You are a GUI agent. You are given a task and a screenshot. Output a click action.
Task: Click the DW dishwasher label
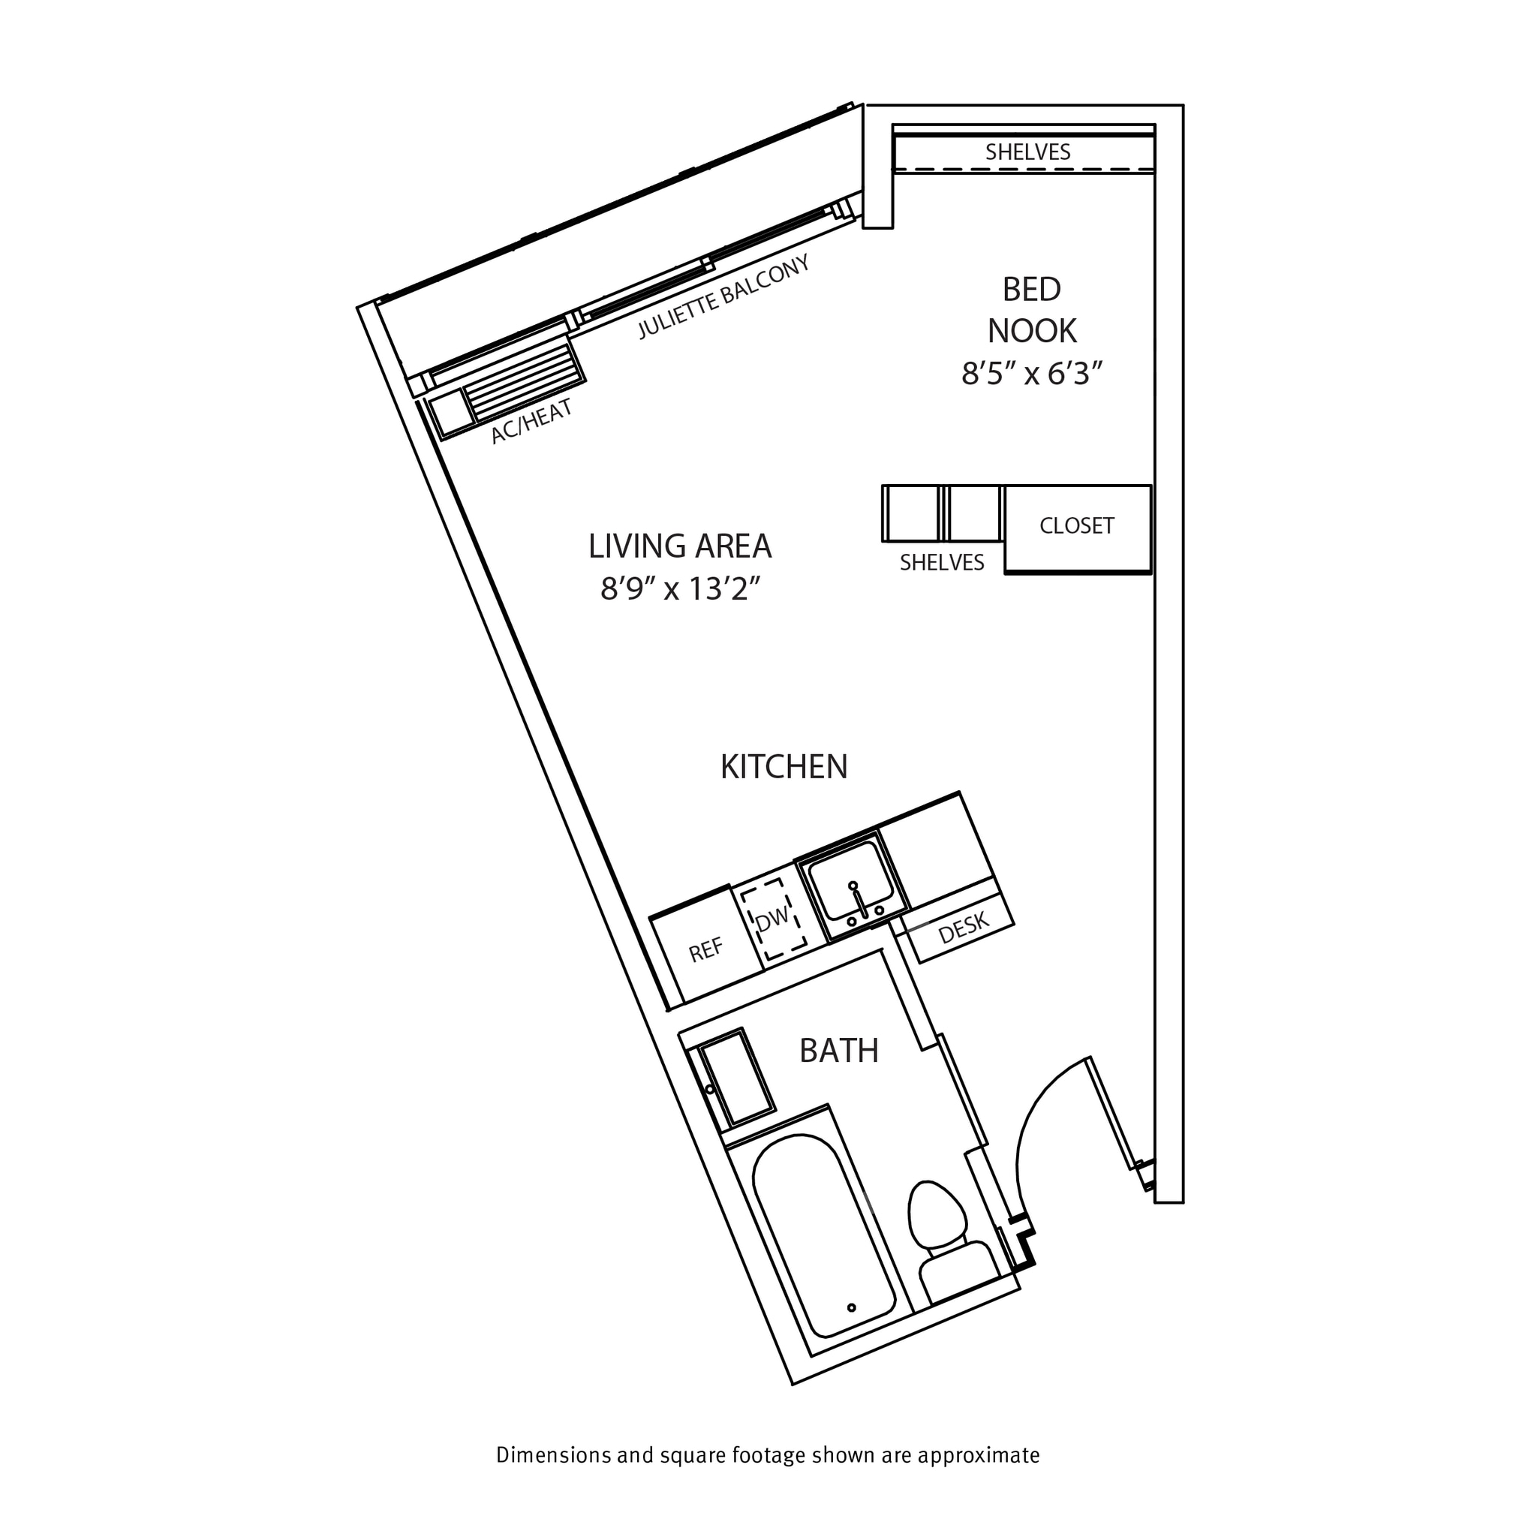coord(772,919)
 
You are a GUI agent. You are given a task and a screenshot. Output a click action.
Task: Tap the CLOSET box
coord(1076,527)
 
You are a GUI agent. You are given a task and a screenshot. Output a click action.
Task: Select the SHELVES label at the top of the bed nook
coord(1027,152)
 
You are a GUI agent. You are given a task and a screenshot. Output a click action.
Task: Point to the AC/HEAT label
coord(531,422)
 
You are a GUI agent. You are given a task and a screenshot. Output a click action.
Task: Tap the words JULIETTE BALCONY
coord(724,297)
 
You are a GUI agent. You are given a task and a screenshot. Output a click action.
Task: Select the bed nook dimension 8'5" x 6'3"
coord(1032,373)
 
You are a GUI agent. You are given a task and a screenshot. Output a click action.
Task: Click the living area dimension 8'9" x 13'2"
coord(680,589)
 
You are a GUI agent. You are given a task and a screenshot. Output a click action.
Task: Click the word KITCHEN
coord(784,767)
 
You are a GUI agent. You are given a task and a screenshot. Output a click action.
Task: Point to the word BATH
coord(838,1051)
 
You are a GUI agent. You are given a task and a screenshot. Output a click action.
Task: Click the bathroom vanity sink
coord(737,1078)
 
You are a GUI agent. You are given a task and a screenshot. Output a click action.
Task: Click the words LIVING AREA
coord(680,546)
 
